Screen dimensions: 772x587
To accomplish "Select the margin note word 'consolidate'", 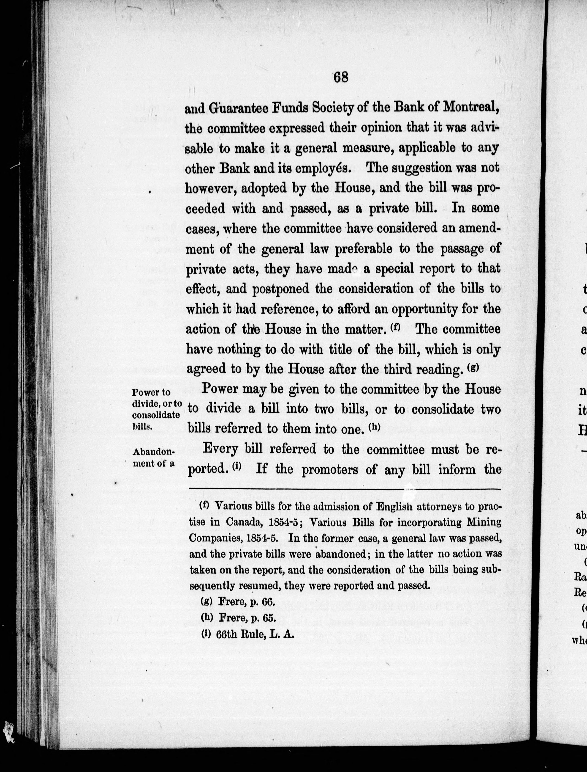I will coord(156,415).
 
